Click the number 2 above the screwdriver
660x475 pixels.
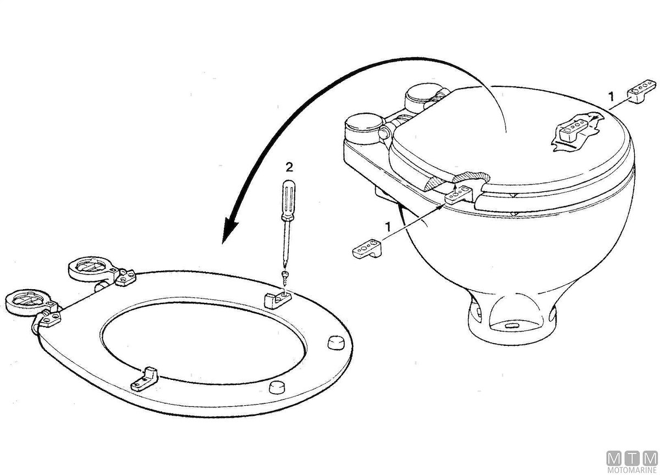coord(289,167)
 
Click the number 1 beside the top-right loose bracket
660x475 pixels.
coord(611,96)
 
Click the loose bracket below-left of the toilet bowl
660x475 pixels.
coord(367,248)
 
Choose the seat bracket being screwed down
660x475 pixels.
coord(278,300)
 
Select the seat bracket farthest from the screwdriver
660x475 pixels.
coord(144,378)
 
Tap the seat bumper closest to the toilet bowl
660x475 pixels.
coord(336,342)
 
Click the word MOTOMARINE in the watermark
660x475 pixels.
coord(632,470)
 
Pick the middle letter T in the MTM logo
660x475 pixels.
coord(632,459)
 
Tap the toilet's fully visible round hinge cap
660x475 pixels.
coord(365,129)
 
